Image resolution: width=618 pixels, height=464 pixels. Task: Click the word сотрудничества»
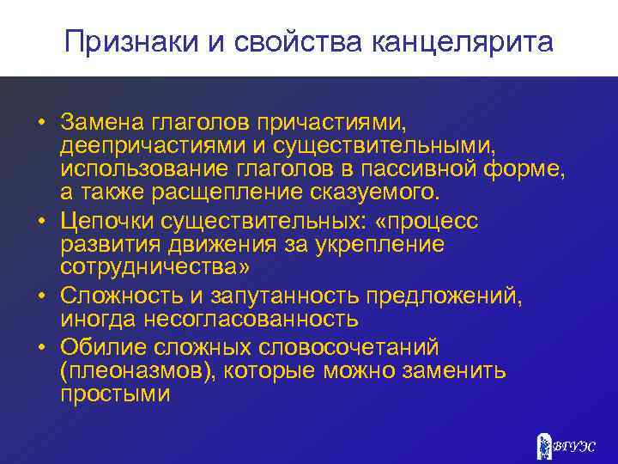pyautogui.click(x=154, y=266)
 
